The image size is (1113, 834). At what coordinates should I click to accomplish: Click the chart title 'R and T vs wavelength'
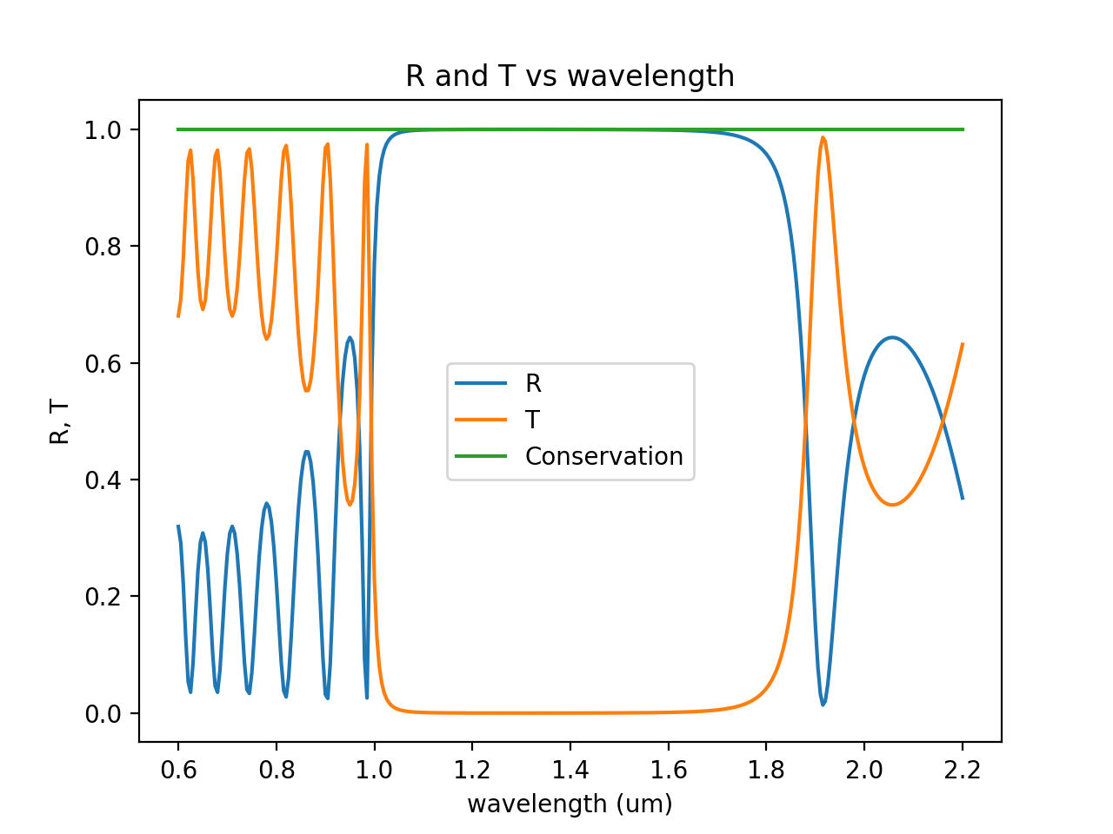570,76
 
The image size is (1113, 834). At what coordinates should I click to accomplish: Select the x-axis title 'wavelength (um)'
570,804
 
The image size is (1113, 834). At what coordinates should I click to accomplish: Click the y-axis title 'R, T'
60,421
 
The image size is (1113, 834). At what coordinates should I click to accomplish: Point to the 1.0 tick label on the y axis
102,130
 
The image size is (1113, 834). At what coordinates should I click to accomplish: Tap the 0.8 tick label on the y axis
102,247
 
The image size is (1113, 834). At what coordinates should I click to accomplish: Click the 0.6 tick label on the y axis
102,363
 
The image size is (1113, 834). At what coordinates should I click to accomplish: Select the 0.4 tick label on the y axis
102,480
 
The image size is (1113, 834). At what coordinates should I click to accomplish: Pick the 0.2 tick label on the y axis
102,597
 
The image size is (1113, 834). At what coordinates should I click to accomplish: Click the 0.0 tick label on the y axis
102,714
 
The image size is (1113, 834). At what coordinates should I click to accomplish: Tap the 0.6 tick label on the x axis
178,770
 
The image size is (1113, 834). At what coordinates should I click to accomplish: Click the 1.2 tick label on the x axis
472,770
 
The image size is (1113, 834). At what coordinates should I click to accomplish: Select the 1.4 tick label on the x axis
570,770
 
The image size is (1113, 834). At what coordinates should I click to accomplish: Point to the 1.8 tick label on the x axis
766,770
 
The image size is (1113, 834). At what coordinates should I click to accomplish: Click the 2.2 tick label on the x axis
962,770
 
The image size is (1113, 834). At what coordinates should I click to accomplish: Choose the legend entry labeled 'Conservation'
603,456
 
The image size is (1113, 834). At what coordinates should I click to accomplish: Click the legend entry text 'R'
533,383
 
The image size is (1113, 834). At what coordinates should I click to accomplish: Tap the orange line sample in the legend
481,420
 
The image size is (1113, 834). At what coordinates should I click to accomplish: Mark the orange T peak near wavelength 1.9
823,138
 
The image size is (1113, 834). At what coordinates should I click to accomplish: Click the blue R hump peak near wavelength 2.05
892,337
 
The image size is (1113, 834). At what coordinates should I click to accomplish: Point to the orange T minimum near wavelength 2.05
892,505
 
